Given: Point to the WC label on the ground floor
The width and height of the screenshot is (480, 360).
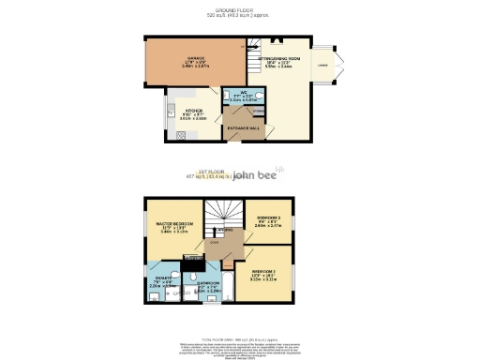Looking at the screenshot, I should [x=243, y=93].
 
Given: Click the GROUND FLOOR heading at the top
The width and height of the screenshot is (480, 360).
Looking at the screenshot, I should [x=239, y=10].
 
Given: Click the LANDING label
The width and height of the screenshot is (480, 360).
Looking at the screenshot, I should [x=216, y=241].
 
